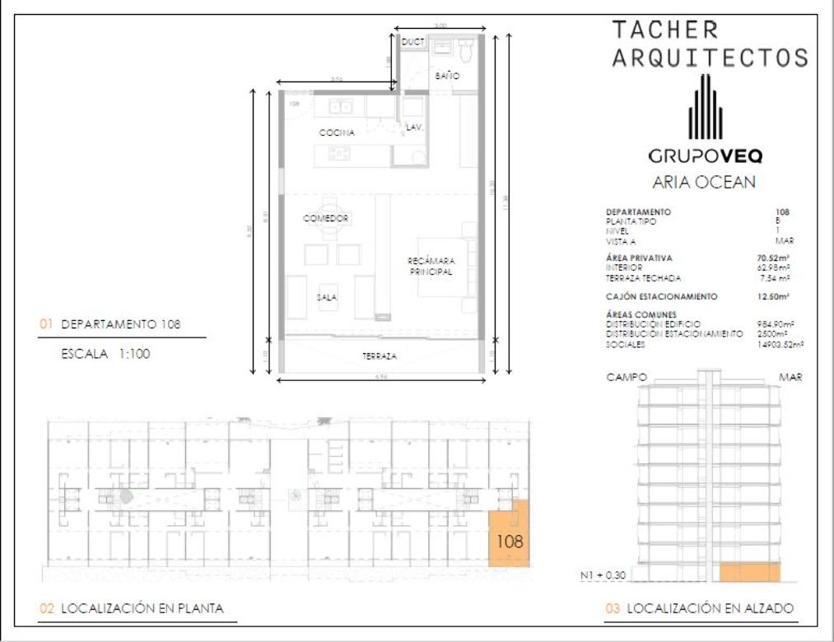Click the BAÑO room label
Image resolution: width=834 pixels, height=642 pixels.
(x=447, y=75)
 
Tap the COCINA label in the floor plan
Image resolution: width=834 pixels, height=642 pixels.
(x=337, y=133)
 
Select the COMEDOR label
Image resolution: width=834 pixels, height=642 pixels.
(x=326, y=218)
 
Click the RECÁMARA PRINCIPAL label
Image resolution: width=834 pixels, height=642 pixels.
(x=431, y=266)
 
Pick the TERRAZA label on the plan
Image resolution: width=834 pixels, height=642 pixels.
(x=380, y=356)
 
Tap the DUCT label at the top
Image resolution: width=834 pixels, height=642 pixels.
(x=411, y=41)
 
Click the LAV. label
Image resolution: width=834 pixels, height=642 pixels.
(x=413, y=127)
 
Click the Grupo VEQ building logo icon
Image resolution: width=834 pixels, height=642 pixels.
(x=706, y=107)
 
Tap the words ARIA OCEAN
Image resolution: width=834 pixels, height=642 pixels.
(x=703, y=183)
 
